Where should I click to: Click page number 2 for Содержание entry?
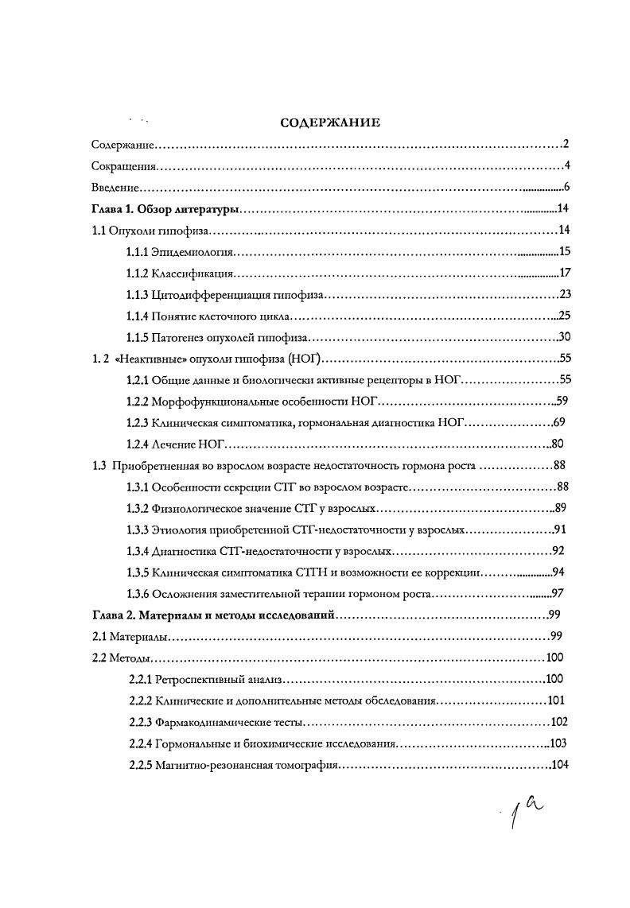click(x=565, y=145)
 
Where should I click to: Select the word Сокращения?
click(x=122, y=167)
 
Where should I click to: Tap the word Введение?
click(x=115, y=188)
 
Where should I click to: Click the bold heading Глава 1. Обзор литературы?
click(x=165, y=210)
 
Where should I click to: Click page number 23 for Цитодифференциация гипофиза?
click(x=566, y=295)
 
